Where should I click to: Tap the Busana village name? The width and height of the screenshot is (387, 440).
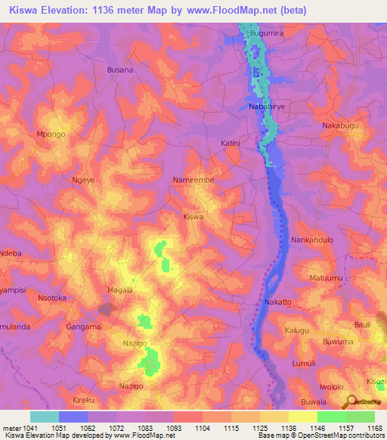click(x=119, y=70)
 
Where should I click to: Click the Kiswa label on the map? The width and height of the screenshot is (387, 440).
click(x=194, y=216)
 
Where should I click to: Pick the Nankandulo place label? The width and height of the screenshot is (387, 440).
click(x=312, y=240)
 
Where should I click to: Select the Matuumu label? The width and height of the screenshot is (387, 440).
click(x=327, y=278)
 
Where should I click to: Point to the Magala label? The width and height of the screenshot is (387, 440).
click(x=119, y=290)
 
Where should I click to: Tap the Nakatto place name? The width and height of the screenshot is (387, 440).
click(x=277, y=302)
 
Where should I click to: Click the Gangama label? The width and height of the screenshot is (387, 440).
click(x=83, y=327)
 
